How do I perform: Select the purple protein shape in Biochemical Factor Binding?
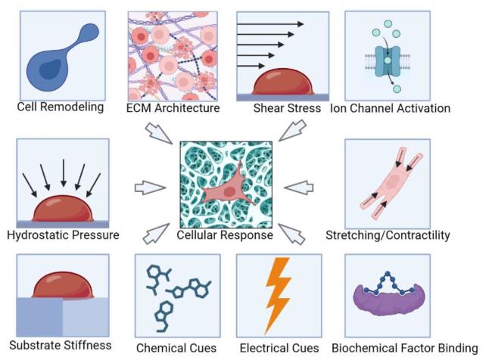[389, 300]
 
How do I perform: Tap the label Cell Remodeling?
[61, 107]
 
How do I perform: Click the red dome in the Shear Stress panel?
[283, 82]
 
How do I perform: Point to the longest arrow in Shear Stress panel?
[270, 24]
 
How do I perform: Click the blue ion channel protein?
[388, 61]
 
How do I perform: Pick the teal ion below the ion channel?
[397, 89]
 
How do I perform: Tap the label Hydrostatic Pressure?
[63, 235]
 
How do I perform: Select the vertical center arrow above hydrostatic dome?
[64, 172]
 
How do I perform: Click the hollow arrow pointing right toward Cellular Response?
[150, 188]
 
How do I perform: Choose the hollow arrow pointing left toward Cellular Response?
[299, 188]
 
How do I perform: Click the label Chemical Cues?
[176, 348]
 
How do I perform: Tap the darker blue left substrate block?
[39, 317]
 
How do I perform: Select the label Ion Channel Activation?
[391, 108]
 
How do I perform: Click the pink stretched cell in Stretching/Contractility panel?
[391, 183]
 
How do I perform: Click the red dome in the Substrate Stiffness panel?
[63, 285]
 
